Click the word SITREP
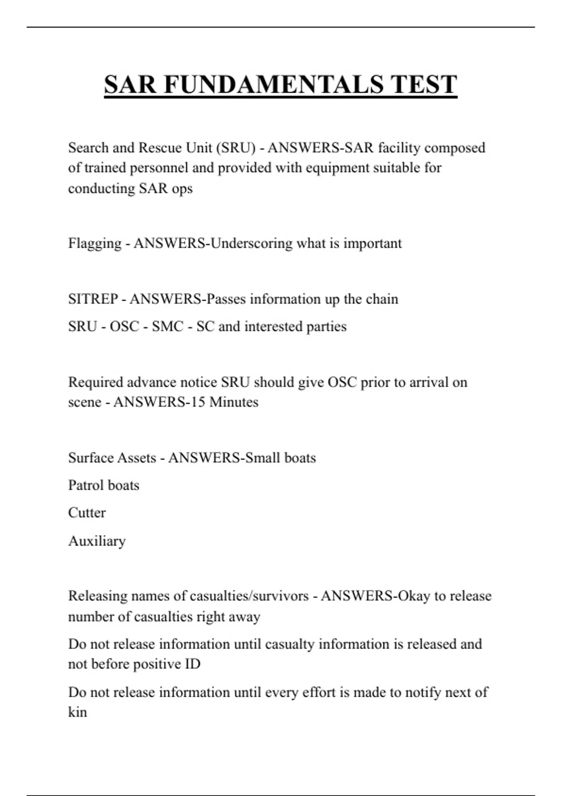tap(93, 299)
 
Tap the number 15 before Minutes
tap(198, 402)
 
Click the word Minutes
tap(234, 402)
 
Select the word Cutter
tap(87, 513)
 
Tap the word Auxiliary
tap(96, 541)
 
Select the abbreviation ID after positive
tap(192, 664)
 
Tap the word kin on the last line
tap(77, 712)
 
